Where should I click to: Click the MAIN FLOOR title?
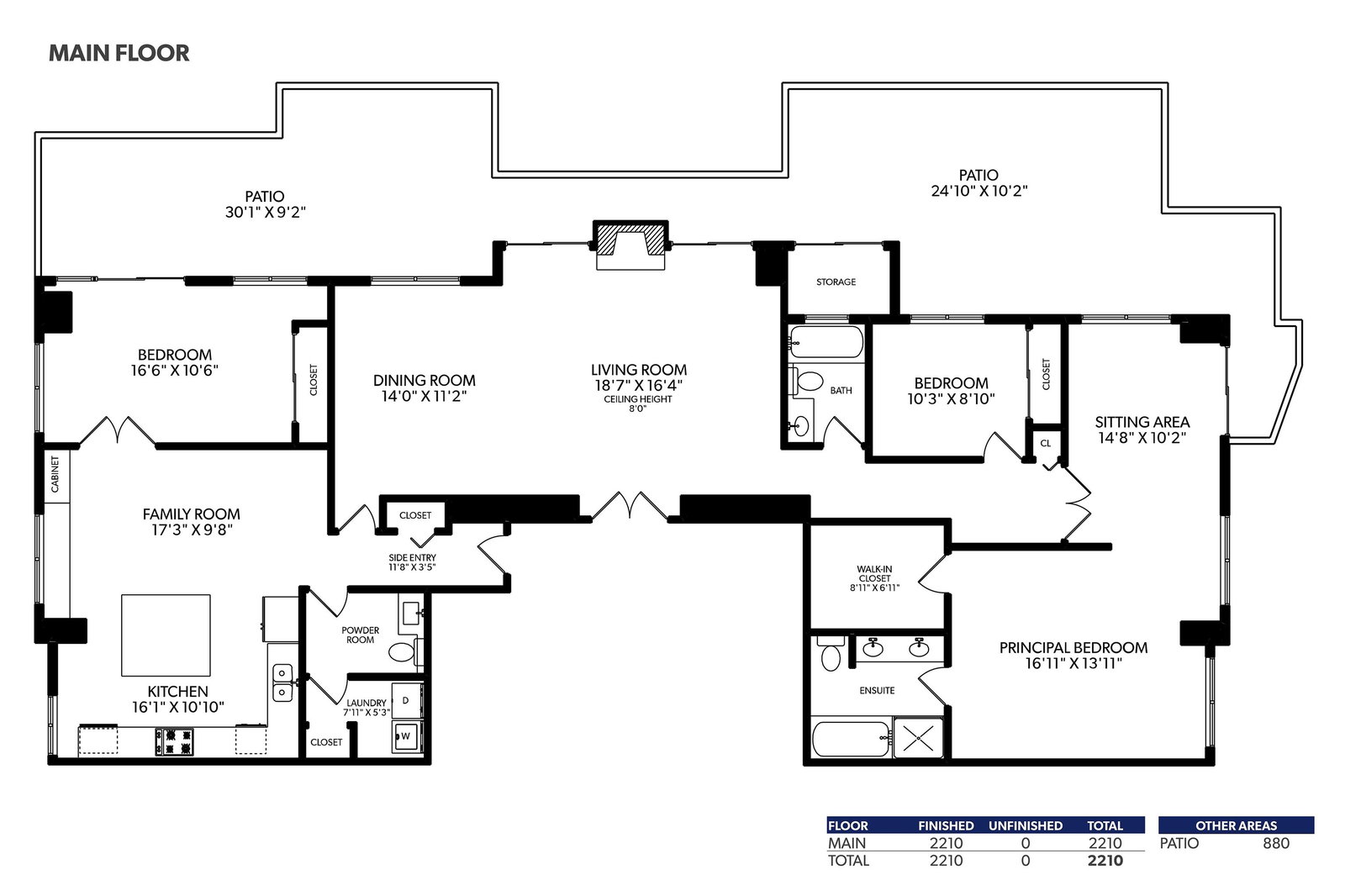[119, 54]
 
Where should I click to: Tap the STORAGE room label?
[836, 282]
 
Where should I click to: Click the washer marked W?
[407, 736]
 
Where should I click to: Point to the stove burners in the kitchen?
[175, 741]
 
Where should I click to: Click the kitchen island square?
[166, 635]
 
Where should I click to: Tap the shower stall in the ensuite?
[918, 738]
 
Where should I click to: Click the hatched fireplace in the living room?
[630, 240]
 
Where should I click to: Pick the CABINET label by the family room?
[55, 474]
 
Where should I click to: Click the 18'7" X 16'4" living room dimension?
[638, 386]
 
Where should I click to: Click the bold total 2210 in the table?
[1105, 861]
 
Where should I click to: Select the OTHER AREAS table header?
[1237, 826]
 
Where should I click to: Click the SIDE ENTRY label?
[413, 557]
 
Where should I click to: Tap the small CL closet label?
[1046, 444]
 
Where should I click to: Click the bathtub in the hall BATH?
[826, 342]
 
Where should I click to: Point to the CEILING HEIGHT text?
[638, 399]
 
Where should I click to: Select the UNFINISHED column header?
[1026, 826]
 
